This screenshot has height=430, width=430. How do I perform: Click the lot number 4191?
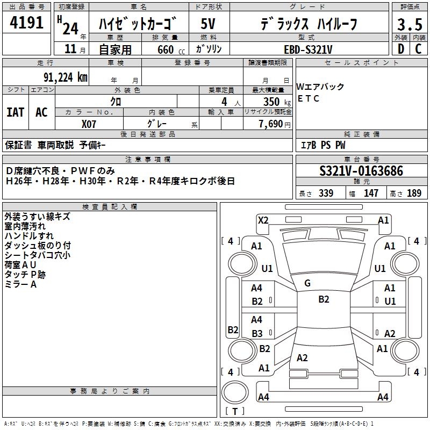(26, 23)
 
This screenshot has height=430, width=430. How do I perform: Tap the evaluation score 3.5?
(409, 25)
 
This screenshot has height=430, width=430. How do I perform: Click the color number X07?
(89, 124)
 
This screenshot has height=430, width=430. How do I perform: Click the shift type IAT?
(15, 112)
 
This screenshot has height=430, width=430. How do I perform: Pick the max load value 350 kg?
(271, 102)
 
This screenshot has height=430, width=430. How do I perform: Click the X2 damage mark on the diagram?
(263, 220)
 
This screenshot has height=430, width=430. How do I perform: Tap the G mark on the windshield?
(307, 283)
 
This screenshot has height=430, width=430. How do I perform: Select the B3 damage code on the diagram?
(257, 333)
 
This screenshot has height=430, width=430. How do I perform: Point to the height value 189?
(414, 193)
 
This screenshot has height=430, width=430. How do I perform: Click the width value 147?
(371, 193)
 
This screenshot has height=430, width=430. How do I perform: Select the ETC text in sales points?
(309, 98)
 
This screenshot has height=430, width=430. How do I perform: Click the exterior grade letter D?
(400, 49)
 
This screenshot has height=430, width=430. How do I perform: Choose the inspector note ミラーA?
(20, 284)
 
